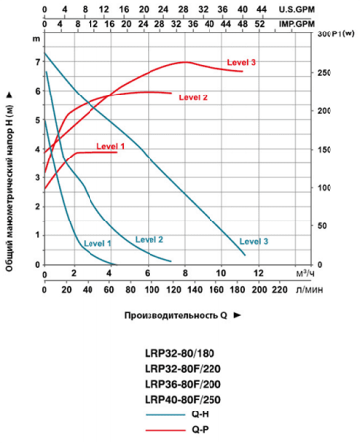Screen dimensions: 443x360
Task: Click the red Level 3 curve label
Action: (x=241, y=62)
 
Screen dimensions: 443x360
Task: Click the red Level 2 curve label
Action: (x=193, y=97)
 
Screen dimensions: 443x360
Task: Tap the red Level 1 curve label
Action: (x=111, y=145)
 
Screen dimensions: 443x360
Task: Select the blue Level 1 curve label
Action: (x=97, y=242)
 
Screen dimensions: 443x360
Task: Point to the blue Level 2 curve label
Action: (x=149, y=239)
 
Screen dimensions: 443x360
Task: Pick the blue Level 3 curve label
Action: (x=253, y=241)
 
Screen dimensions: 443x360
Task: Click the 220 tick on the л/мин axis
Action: (x=278, y=290)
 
